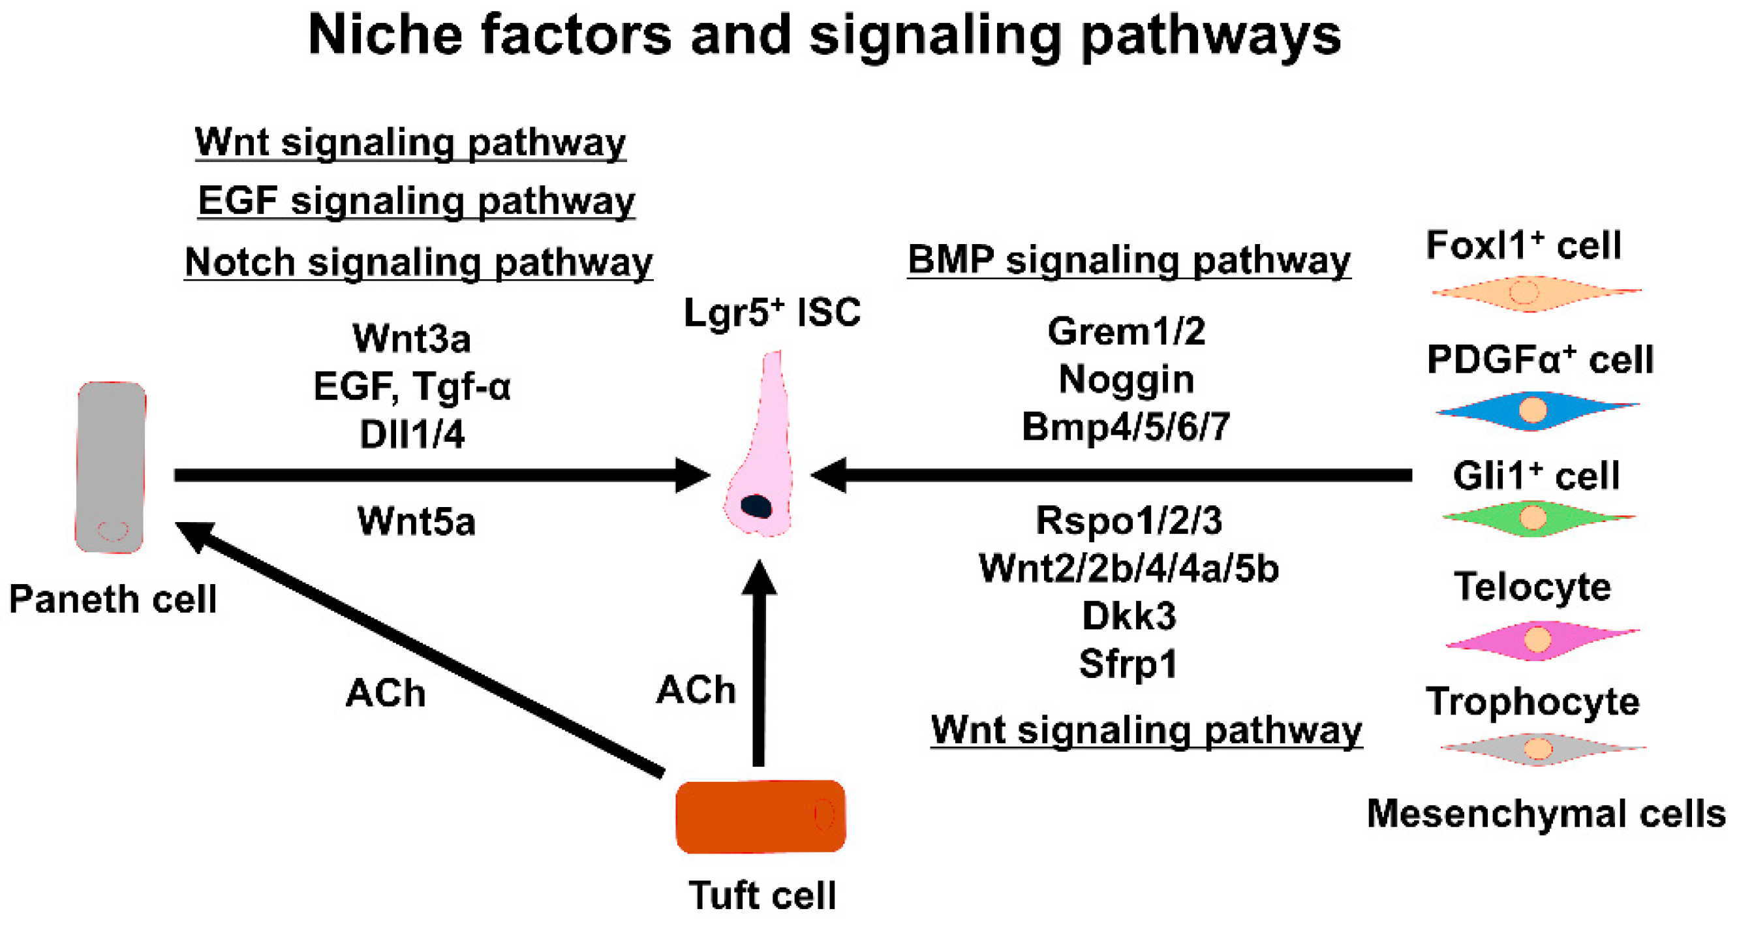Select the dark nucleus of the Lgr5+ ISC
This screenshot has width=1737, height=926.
click(x=756, y=506)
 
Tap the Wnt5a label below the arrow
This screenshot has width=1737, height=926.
click(x=416, y=521)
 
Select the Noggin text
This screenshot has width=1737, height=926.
click(x=1126, y=379)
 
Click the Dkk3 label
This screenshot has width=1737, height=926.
click(x=1129, y=615)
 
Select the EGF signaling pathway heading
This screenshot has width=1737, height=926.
click(x=416, y=200)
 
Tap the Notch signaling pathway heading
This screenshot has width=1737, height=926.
click(x=418, y=262)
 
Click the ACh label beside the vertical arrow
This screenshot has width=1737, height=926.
click(x=696, y=689)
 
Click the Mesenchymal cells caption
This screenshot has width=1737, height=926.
click(x=1545, y=813)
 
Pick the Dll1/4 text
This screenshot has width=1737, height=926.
click(x=411, y=434)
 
